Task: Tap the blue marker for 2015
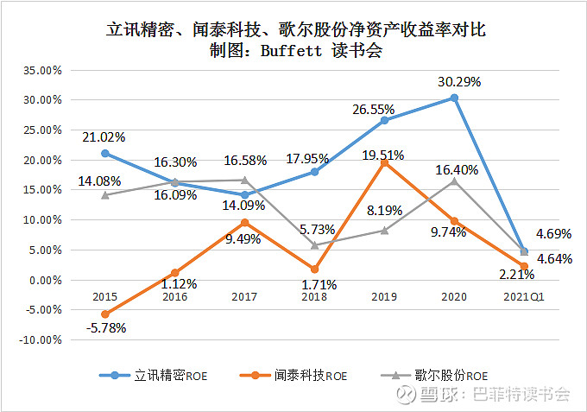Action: (x=105, y=154)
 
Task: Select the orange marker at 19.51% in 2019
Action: (x=384, y=162)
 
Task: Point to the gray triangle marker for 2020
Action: (x=454, y=181)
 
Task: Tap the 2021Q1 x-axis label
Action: (x=523, y=297)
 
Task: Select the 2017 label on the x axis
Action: (x=244, y=297)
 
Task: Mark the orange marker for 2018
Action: (x=314, y=269)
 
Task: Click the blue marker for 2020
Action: (x=454, y=98)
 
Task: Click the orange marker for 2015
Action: (x=105, y=314)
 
